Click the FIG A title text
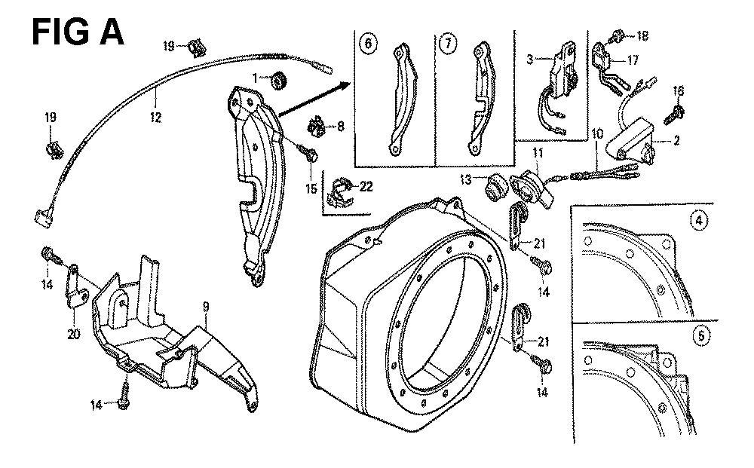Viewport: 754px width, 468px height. tap(78, 33)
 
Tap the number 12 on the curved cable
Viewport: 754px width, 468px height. tap(155, 117)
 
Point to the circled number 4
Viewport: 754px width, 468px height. tap(700, 222)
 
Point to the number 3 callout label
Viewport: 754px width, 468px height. tap(530, 59)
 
